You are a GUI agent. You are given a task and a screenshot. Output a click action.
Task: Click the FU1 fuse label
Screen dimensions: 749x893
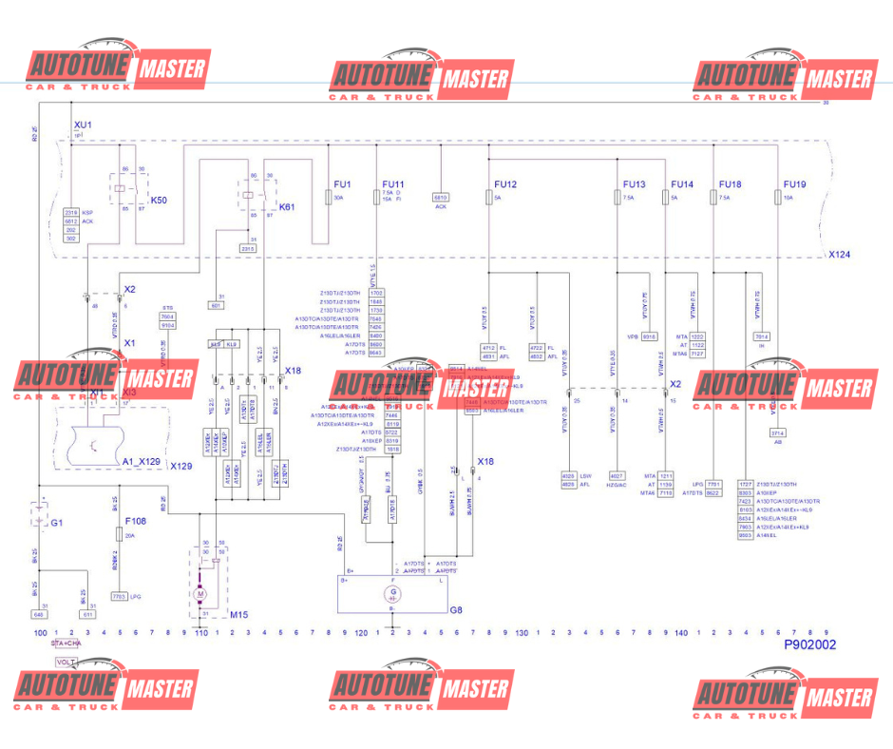(343, 184)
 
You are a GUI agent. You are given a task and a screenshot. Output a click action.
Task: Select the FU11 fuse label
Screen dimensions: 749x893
(393, 184)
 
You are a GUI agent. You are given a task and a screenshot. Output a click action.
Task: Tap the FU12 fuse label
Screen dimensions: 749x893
(505, 184)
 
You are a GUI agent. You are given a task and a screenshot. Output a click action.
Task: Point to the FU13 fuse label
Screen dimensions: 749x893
(634, 184)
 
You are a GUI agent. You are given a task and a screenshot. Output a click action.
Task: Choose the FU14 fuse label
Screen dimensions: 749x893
(682, 184)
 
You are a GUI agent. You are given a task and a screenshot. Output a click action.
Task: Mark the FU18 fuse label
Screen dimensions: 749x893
(730, 184)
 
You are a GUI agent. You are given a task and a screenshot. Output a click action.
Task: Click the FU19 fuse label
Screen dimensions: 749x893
(794, 184)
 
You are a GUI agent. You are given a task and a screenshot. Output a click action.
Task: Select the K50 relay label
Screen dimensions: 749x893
(159, 201)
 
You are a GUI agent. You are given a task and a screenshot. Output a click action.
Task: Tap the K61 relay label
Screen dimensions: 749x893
(286, 206)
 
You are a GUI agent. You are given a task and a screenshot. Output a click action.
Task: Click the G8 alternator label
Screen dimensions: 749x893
(456, 610)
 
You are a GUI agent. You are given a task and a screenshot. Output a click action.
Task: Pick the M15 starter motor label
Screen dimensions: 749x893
(238, 615)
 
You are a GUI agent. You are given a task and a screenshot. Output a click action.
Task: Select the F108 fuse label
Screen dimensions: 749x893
(137, 522)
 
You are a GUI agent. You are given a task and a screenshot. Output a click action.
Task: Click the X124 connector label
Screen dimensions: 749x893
(838, 255)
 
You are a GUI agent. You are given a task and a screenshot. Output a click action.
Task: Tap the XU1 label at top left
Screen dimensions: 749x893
(83, 125)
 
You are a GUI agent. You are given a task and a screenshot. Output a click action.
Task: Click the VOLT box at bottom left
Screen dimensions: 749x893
(66, 662)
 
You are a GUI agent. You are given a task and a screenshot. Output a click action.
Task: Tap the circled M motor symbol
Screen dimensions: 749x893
(200, 594)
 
